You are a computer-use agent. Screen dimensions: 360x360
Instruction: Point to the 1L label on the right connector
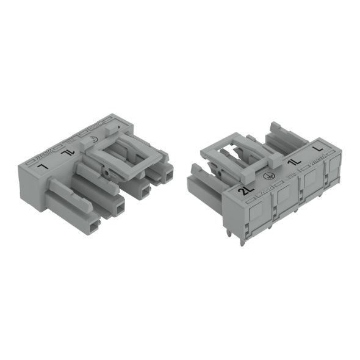tap(294, 164)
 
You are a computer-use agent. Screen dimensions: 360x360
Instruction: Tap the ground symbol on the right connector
tap(265, 176)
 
